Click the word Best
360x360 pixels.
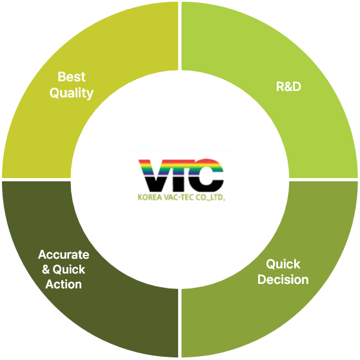(72, 77)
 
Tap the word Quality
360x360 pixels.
(72, 93)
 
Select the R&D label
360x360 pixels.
(288, 86)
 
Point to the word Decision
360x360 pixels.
(283, 279)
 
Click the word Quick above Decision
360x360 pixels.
(283, 265)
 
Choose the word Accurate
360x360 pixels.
(64, 255)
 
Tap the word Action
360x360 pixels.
(63, 285)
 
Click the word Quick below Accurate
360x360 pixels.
(69, 270)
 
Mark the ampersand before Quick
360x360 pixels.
(46, 270)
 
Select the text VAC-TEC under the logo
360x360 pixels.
(179, 197)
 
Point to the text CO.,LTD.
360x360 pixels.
(210, 197)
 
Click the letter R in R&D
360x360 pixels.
(280, 86)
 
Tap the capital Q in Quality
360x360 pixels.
(54, 93)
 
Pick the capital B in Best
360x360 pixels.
(62, 77)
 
